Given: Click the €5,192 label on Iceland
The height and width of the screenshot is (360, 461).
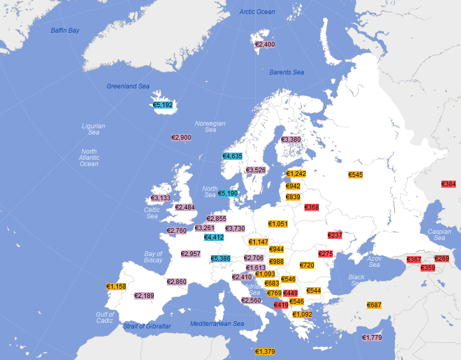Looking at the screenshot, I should tap(163, 105).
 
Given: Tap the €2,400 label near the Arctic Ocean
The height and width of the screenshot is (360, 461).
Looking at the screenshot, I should tap(265, 45).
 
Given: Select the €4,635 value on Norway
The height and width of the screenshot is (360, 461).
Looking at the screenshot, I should tap(233, 156).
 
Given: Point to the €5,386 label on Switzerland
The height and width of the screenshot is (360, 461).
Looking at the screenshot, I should tap(221, 259).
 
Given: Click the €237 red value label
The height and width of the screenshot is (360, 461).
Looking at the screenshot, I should tap(335, 235).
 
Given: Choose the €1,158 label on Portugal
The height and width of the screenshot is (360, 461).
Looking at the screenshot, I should tap(116, 287).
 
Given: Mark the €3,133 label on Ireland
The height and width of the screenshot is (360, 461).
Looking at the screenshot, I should tap(161, 198).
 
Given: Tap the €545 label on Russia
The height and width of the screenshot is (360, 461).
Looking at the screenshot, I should tap(356, 175).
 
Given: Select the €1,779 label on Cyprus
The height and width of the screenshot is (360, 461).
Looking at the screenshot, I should tap(372, 338).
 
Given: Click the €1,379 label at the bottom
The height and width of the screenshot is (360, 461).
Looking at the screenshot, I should tap(265, 352).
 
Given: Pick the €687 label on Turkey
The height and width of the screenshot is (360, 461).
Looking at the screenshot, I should tap(374, 305).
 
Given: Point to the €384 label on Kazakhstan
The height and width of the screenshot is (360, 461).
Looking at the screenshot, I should tap(449, 184).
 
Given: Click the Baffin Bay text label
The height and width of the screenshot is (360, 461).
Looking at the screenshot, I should tap(65, 31).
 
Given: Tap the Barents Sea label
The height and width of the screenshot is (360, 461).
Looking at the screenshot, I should tap(287, 72).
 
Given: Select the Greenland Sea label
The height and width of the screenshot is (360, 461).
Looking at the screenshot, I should tap(128, 86).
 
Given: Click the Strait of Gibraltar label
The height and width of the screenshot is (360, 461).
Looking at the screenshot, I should tap(147, 326).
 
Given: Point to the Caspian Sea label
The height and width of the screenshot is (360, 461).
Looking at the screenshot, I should tap(439, 235).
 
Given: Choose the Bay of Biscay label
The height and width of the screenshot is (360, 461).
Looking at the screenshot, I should tap(153, 257).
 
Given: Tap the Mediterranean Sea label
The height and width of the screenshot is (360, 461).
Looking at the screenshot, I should tap(217, 324).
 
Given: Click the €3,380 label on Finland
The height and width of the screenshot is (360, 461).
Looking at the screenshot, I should tap(291, 140).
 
